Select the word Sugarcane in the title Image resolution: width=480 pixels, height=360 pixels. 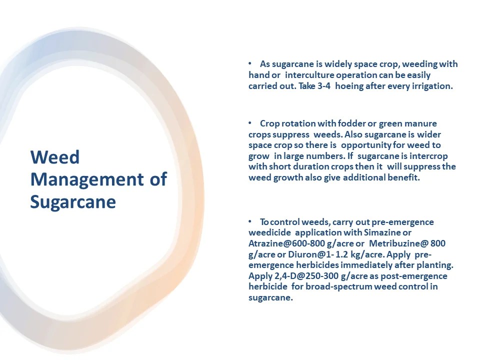pos(73,201)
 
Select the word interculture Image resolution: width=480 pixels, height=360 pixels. pos(308,75)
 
